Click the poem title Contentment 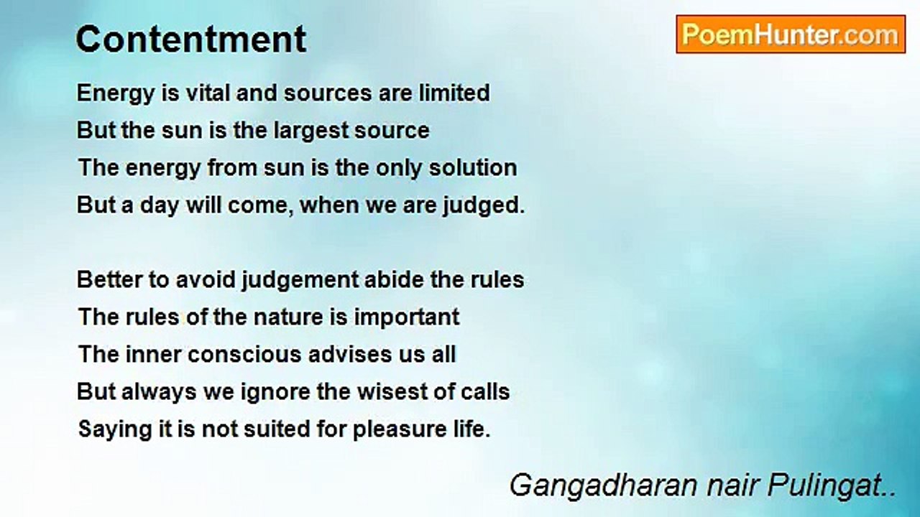(x=191, y=39)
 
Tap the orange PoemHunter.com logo (x=791, y=34)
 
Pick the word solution (x=473, y=167)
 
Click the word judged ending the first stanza (x=481, y=206)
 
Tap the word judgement (x=300, y=281)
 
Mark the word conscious (x=245, y=355)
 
